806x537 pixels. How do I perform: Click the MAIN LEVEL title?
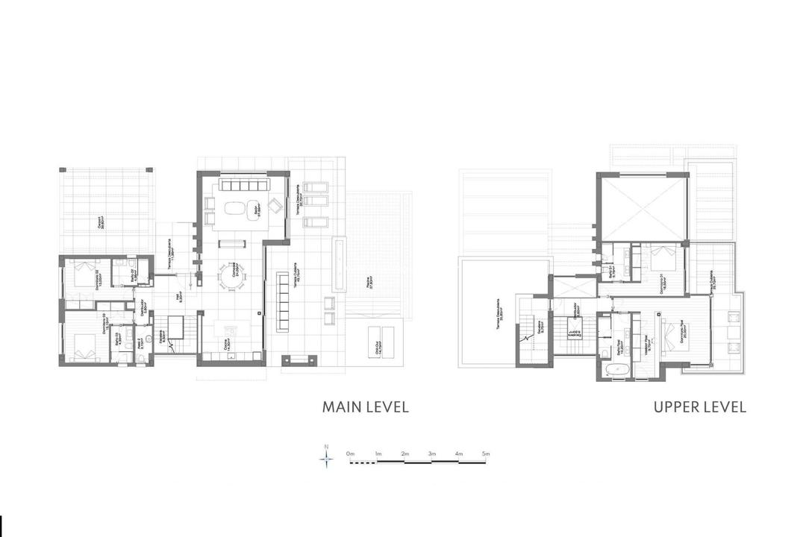click(365, 407)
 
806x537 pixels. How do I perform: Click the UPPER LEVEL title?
click(699, 407)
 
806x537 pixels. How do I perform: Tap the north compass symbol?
click(326, 457)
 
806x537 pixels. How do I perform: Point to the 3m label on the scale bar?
click(432, 453)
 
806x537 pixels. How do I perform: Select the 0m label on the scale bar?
click(350, 453)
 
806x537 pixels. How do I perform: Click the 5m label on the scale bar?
click(486, 453)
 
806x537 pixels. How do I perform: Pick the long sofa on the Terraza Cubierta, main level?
click(283, 301)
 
